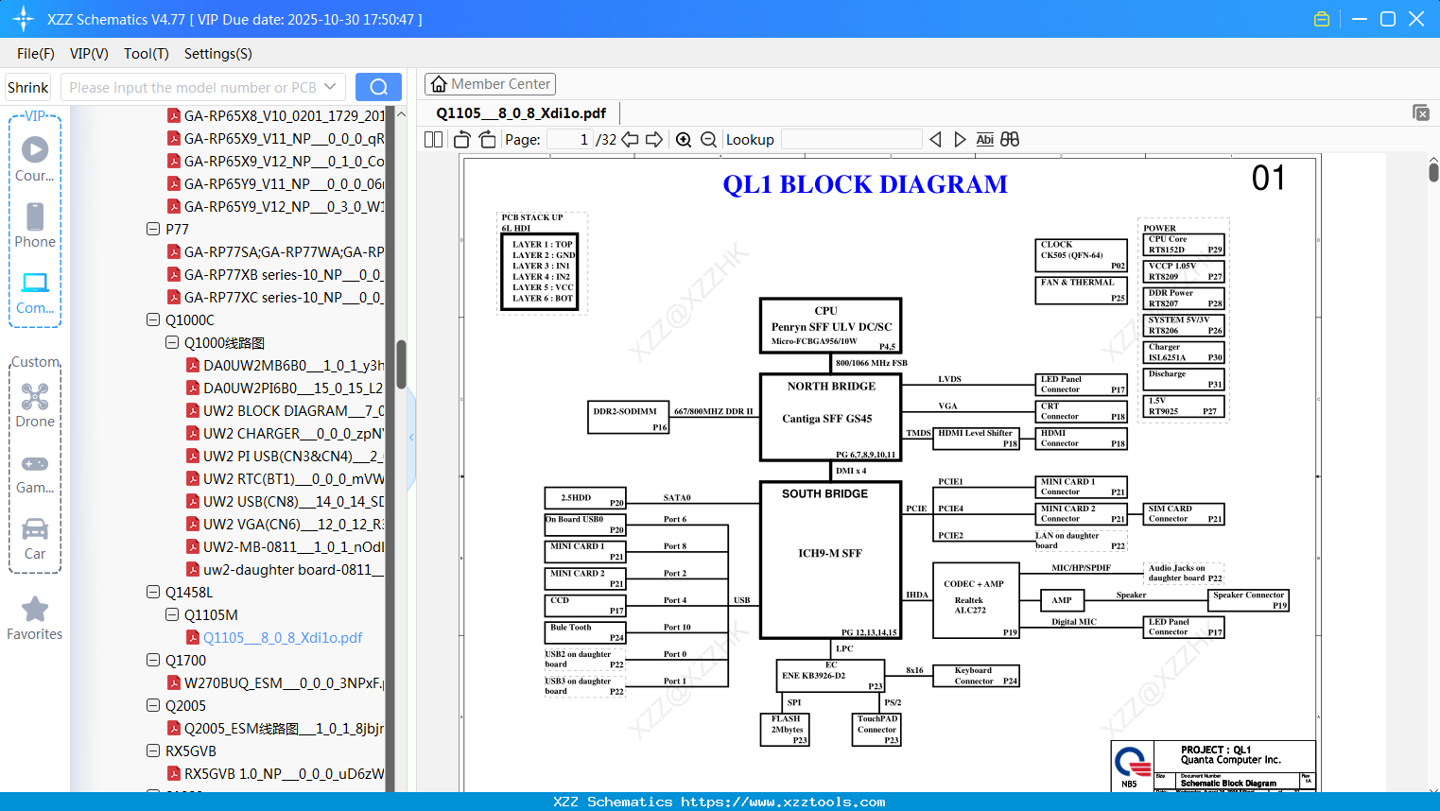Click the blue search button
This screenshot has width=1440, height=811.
[x=378, y=87]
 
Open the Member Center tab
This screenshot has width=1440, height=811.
[x=490, y=84]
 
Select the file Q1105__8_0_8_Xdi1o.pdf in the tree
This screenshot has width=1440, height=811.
[x=282, y=638]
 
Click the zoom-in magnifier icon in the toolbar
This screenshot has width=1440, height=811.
[x=684, y=140]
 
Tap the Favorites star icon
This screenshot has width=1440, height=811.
[x=35, y=610]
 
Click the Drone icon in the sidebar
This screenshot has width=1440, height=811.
[x=35, y=397]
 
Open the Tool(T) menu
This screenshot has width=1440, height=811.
[x=147, y=54]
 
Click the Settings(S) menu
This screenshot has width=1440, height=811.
[x=217, y=54]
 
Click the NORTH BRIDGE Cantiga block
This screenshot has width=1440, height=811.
[x=830, y=416]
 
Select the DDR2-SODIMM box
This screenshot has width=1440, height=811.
[x=628, y=417]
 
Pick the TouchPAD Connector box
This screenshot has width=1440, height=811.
[x=877, y=730]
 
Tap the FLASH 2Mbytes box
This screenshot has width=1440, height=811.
[x=786, y=730]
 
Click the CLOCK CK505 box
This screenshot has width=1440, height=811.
[x=1082, y=255]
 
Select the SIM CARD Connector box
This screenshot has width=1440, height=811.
[x=1184, y=513]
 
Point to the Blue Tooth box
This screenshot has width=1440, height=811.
[x=585, y=632]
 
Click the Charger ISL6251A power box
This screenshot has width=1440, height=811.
[x=1185, y=353]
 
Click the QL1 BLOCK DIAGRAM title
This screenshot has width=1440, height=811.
[x=865, y=184]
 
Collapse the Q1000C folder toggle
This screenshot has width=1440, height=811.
[x=153, y=320]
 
